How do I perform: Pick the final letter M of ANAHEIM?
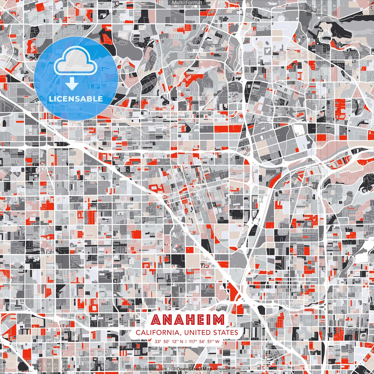click(x=218, y=320)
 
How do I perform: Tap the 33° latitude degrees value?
click(x=158, y=341)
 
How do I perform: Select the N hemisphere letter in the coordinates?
click(x=182, y=341)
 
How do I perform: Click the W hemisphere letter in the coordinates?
click(x=217, y=341)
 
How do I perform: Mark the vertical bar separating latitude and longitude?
click(x=186, y=341)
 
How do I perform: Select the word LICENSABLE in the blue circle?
click(x=76, y=99)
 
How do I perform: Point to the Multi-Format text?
click(x=187, y=3)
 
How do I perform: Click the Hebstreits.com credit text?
click(x=150, y=369)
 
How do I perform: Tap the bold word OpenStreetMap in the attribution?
click(x=194, y=369)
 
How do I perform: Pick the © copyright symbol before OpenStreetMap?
click(x=174, y=369)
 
